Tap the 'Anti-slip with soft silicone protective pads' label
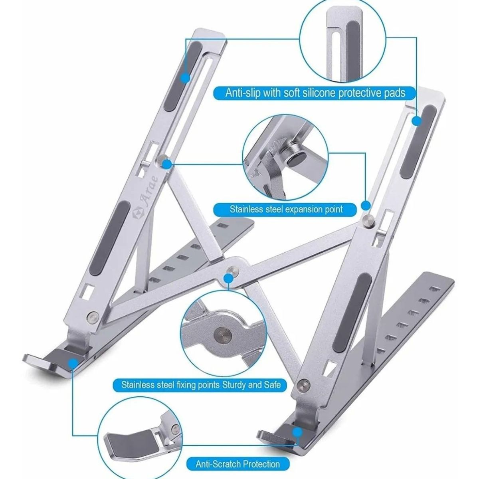click(x=315, y=93)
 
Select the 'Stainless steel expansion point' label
click(x=286, y=209)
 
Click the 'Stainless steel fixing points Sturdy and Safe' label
click(x=204, y=385)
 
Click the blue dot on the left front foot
click(x=73, y=363)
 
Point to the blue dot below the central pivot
click(x=228, y=280)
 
